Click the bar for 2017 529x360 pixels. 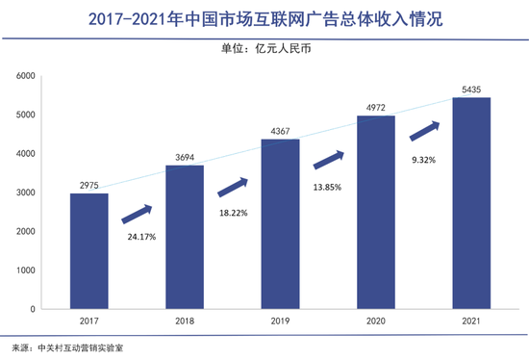coord(88,250)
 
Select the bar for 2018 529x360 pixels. coord(185,237)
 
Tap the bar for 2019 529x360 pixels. coord(281,223)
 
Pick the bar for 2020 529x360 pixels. coord(376,212)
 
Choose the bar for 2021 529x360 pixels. coord(471,202)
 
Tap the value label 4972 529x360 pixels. coord(376,107)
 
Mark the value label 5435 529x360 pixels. coord(471,89)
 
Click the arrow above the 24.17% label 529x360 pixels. coord(137,211)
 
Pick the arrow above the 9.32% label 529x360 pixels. coord(424,129)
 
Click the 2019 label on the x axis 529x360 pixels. coord(281,322)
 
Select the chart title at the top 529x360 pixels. coord(264,18)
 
